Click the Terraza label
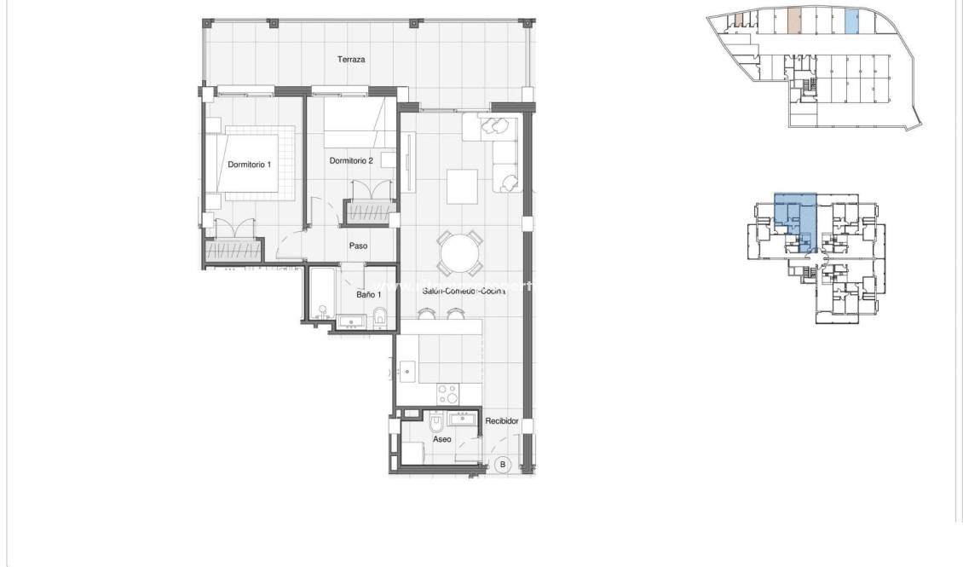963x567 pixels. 351,60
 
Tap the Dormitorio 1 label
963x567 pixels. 249,165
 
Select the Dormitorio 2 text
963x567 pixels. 351,160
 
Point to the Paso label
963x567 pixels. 358,246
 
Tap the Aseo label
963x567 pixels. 441,440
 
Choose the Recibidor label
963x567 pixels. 502,421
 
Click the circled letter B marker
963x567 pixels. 503,465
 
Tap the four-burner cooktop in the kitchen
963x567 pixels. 448,394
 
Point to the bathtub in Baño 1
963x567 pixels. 322,294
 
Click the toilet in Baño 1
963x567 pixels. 381,317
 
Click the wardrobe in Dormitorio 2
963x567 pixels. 367,211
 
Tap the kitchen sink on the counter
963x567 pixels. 408,371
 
